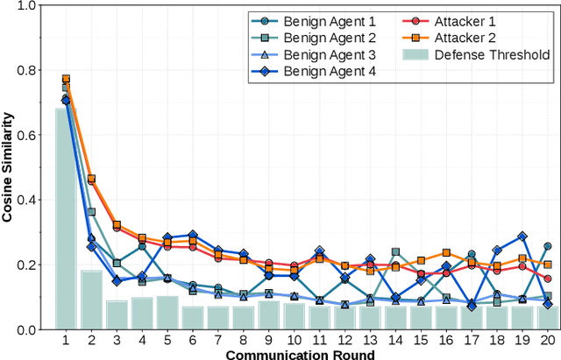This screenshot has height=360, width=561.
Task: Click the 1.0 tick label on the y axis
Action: coord(26,5)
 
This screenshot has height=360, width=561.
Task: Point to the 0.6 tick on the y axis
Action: coord(26,135)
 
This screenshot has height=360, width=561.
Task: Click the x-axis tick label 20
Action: coord(548,340)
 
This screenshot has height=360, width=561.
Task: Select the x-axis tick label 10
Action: coord(294,340)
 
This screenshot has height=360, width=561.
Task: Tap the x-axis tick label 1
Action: coord(65,340)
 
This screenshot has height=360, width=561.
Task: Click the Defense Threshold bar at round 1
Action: coord(65,219)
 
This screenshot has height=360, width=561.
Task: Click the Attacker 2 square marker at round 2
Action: coord(90,179)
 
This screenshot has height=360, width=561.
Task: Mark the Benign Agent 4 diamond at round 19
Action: coord(522,236)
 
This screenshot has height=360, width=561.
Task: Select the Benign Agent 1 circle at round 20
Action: coord(548,246)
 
